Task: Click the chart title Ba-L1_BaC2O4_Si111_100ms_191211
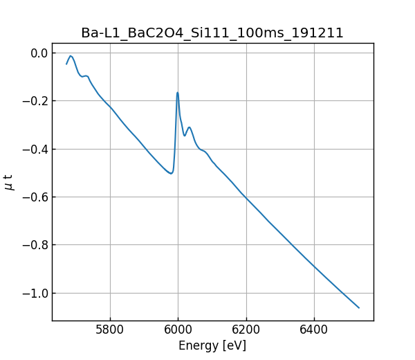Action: coord(212,33)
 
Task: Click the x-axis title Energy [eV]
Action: coord(212,345)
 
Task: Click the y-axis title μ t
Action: coord(9,182)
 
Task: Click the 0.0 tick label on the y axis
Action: coord(38,53)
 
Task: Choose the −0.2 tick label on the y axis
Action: coord(34,101)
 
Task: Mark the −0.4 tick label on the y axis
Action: coord(34,149)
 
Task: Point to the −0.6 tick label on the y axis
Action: coord(34,197)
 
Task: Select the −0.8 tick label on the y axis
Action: coord(34,245)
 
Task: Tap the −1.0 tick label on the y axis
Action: coord(34,293)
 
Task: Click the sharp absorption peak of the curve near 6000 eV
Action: coord(178,93)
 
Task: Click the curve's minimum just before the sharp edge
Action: coord(171,173)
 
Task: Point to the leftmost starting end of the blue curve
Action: coord(67,64)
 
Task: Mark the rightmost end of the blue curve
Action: coord(359,307)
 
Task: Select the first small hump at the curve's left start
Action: coord(71,56)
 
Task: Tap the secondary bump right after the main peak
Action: coord(190,127)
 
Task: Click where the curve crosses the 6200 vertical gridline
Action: coord(246,197)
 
